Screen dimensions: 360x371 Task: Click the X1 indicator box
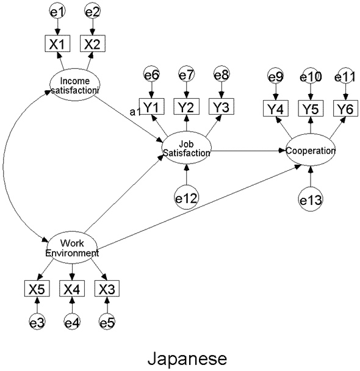coord(57,43)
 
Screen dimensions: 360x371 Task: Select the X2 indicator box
coord(93,43)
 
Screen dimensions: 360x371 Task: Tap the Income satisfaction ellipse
coord(74,84)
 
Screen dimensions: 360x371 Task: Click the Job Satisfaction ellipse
coord(187,148)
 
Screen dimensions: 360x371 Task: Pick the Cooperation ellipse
coord(311,149)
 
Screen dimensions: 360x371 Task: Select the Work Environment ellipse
coord(72,248)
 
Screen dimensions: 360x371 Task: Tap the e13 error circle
coord(311,199)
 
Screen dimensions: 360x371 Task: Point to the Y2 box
coord(187,106)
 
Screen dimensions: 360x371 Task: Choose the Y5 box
coord(311,109)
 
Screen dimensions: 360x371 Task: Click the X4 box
coord(72,289)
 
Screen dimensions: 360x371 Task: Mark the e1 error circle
coord(57,11)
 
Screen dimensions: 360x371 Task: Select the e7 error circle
coord(187,74)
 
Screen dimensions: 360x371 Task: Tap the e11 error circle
coord(345,76)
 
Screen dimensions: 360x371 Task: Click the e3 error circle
coord(37,322)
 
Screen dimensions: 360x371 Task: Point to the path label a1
coord(135,112)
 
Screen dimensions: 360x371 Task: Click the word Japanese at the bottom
coord(187,359)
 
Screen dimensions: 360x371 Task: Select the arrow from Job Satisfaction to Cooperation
coord(248,151)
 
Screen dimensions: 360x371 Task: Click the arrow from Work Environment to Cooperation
coord(200,207)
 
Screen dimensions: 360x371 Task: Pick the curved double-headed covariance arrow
coord(3,165)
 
